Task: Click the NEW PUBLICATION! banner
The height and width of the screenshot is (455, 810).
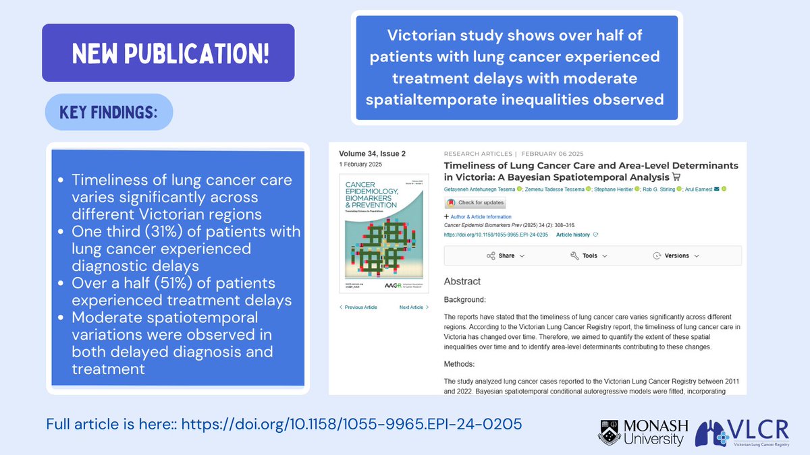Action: (x=168, y=53)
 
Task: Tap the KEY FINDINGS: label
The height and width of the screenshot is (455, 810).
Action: (x=109, y=112)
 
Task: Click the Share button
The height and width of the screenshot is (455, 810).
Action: (x=506, y=255)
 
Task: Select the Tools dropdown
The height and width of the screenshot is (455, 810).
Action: (x=589, y=255)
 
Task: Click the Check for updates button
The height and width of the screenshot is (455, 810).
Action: (x=474, y=203)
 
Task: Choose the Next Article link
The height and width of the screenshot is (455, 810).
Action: (x=414, y=307)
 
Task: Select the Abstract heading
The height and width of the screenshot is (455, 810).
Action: (x=462, y=281)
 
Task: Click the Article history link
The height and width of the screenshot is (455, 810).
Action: (x=573, y=235)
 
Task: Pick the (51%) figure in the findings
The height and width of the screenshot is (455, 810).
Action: (x=160, y=283)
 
